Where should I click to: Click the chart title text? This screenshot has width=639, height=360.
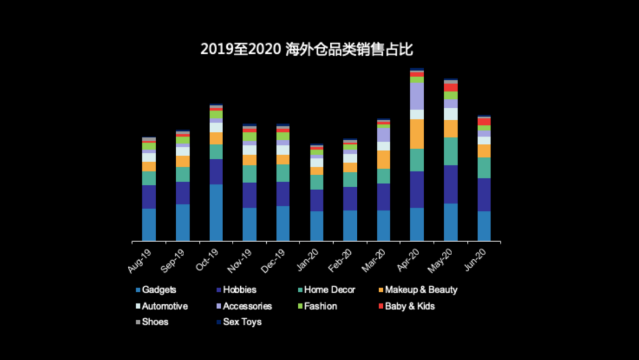(306, 49)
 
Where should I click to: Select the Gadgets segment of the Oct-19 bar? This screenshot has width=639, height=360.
(216, 212)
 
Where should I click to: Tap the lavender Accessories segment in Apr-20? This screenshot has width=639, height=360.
(417, 96)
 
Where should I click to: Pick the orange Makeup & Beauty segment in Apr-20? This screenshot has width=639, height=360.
(417, 134)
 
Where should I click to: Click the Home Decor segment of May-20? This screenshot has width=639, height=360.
(451, 151)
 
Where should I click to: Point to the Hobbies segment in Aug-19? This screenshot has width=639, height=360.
(149, 197)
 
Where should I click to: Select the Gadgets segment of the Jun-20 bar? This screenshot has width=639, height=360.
(484, 226)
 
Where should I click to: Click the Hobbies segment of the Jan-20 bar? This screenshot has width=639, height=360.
(317, 200)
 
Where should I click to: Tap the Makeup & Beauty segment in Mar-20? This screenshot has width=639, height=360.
(384, 159)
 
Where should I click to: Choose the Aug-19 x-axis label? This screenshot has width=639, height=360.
(140, 261)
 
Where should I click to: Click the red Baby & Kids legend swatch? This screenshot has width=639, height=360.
(380, 307)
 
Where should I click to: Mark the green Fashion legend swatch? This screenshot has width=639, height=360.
(299, 307)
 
